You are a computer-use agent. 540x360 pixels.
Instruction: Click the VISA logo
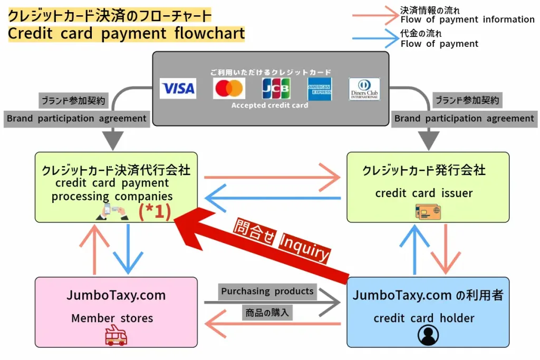pos(178,89)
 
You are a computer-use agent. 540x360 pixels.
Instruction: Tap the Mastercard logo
pos(229,89)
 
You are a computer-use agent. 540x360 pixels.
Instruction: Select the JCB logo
pos(276,89)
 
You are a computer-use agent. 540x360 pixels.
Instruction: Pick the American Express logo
pos(320,89)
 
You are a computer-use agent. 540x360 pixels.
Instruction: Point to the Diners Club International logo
pos(364,89)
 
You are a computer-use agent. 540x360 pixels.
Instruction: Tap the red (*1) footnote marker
pos(155,211)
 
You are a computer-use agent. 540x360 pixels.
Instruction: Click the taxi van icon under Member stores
pos(116,335)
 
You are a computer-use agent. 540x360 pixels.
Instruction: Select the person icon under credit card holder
pos(428,335)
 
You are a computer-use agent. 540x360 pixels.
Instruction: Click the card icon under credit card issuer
pos(428,211)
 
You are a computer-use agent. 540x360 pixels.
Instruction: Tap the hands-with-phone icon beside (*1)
pos(112,211)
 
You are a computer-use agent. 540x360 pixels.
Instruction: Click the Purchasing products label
pos(267,291)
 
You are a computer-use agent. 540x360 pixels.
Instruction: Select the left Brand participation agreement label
pos(76,119)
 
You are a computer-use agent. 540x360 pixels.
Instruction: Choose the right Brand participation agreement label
pos(465,119)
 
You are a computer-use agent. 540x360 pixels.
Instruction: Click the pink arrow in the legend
pos(375,16)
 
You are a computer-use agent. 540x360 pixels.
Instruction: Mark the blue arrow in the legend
pos(375,39)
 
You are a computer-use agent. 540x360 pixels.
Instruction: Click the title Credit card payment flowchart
pos(127,34)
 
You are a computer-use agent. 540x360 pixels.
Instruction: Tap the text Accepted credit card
pos(269,105)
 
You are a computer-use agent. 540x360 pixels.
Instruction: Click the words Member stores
pos(112,318)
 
